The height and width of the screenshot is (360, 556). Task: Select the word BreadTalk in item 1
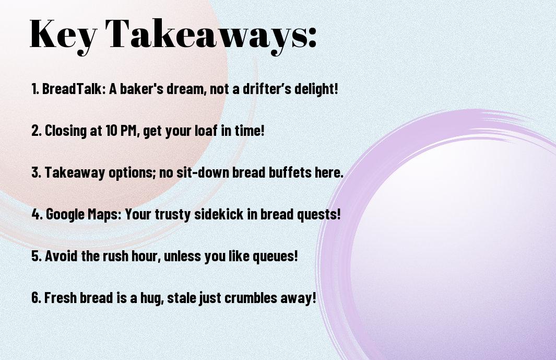point(72,88)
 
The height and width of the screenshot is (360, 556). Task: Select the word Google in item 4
point(65,214)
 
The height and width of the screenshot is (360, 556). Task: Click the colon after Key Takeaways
point(312,37)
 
